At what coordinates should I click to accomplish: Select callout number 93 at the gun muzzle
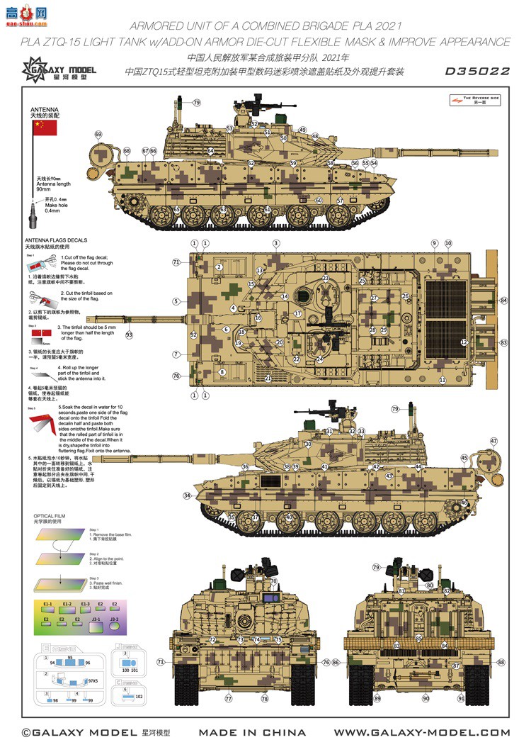point(129,335)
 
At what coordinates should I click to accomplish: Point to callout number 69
point(98,135)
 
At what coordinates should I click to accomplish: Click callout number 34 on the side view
point(187,495)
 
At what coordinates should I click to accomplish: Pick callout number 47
point(493,442)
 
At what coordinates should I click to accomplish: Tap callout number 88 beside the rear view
point(501,662)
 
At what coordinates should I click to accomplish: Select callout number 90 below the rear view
point(426,698)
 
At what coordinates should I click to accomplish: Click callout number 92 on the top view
point(193,334)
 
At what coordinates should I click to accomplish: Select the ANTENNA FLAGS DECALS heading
point(56,240)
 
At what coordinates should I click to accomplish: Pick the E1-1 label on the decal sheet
point(48,604)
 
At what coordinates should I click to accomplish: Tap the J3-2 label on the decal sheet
point(114,619)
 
